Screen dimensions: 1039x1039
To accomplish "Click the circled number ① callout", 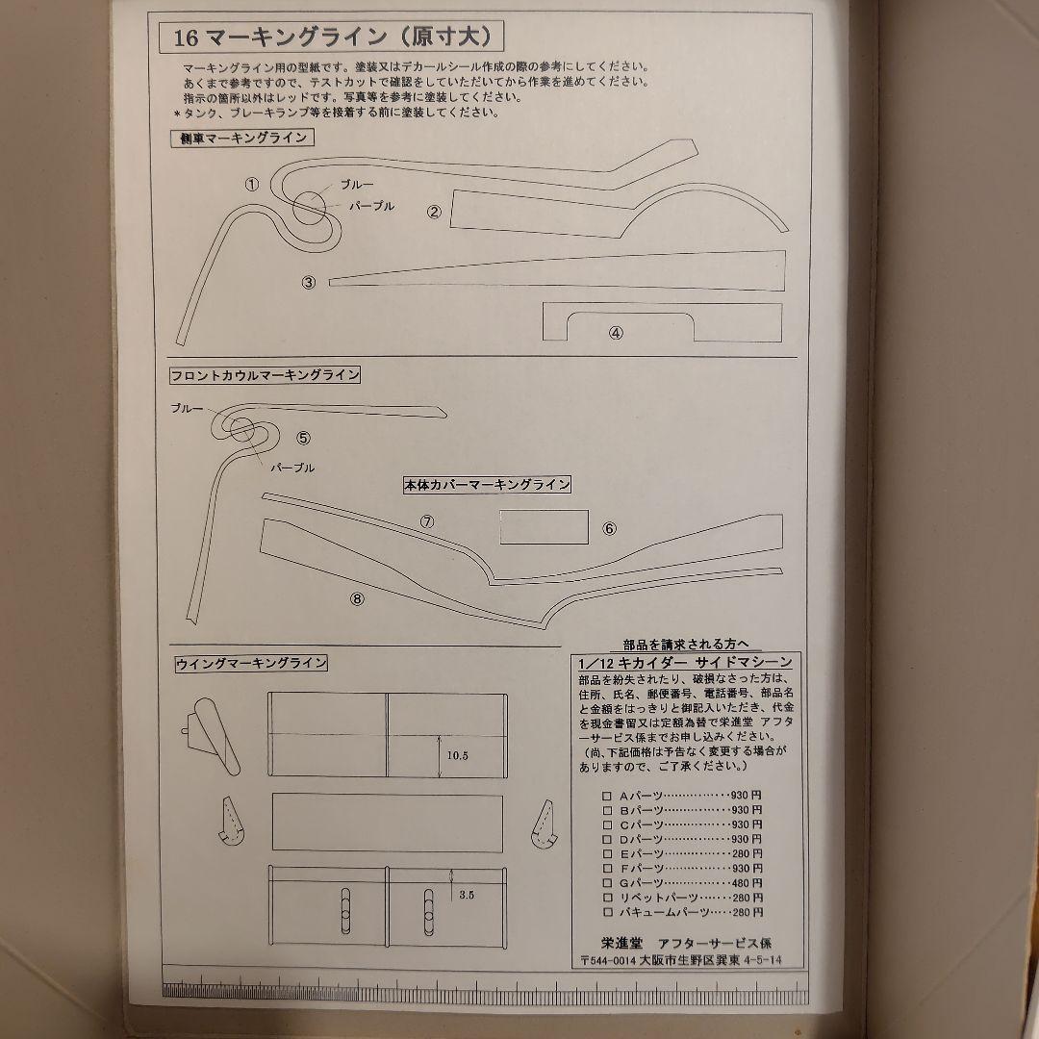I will [x=252, y=184].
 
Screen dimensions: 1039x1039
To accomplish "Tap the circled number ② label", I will [x=434, y=212].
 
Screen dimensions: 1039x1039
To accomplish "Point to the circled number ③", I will [x=309, y=282].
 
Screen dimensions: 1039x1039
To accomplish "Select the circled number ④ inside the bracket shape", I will [x=616, y=333].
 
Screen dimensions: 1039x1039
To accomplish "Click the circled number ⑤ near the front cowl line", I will [x=304, y=437].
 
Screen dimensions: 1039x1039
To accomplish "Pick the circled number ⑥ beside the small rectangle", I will [x=609, y=528].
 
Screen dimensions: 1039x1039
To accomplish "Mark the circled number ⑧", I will [x=358, y=597].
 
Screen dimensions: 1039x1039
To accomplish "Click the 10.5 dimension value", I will [x=457, y=755].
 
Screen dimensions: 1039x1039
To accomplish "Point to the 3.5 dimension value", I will [x=467, y=894].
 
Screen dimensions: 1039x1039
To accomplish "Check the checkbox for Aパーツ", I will [x=606, y=796].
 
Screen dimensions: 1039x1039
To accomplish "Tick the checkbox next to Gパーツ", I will [x=606, y=882].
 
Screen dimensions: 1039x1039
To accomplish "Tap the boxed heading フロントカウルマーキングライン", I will [x=265, y=375].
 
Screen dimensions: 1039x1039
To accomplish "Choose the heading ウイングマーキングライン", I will [x=251, y=663].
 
